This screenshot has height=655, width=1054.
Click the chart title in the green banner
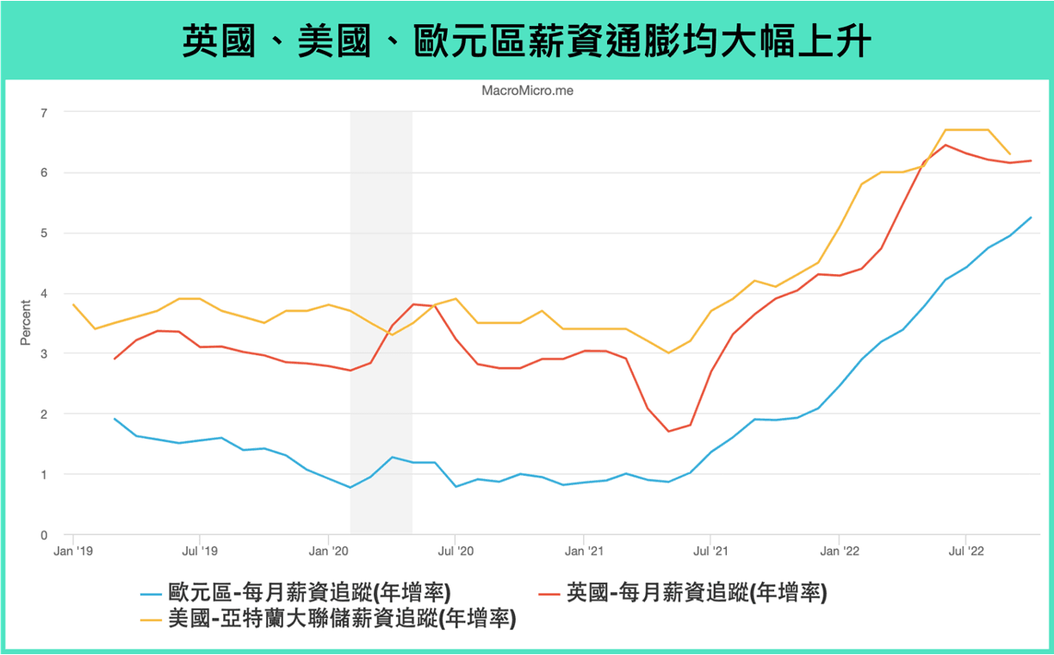coord(526,41)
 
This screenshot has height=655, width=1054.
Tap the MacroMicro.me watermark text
coord(526,90)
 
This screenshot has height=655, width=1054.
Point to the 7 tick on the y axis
coord(44,112)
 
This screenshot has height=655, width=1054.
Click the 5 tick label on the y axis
coord(44,233)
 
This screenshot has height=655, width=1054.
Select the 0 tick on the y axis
coord(44,534)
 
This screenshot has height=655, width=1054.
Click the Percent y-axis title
coord(25,323)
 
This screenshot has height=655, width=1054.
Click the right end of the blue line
coord(1031,217)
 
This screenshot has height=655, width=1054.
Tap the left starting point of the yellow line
coord(73,304)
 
